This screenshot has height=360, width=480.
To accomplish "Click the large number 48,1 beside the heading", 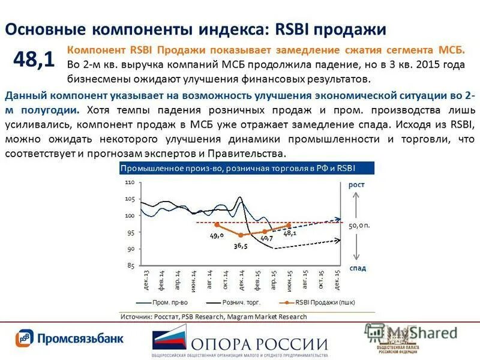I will pyautogui.click(x=34, y=59).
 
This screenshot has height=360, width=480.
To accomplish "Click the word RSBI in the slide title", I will pyautogui.click(x=297, y=29).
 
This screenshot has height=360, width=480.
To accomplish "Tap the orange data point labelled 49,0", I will pyautogui.click(x=217, y=224).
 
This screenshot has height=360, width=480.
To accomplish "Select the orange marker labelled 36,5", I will pyautogui.click(x=241, y=235).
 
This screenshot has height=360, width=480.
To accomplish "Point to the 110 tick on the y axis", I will pyautogui.click(x=130, y=182).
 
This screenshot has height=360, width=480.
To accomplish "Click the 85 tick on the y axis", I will pyautogui.click(x=130, y=265).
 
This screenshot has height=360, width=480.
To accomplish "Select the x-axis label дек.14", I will pyautogui.click(x=241, y=281).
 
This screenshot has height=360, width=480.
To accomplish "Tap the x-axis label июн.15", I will pyautogui.click(x=289, y=281).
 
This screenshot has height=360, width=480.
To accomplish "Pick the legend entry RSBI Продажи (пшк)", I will pyautogui.click(x=322, y=302).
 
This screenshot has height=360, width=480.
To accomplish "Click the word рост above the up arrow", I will pyautogui.click(x=356, y=185).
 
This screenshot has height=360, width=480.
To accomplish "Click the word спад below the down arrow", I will pyautogui.click(x=357, y=268).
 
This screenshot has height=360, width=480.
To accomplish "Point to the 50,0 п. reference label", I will pyautogui.click(x=359, y=225).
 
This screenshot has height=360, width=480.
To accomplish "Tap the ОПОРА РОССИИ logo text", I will pyautogui.click(x=259, y=344).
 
